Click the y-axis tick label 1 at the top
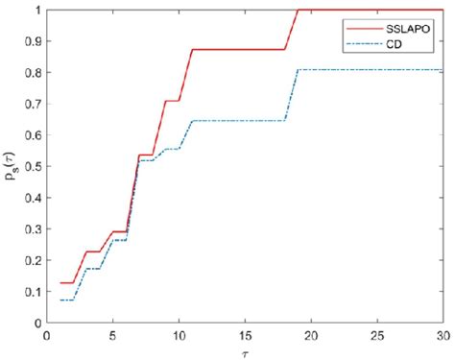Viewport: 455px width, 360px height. tap(36, 11)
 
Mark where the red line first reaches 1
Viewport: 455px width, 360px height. tap(299, 11)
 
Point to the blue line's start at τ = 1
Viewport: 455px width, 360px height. tap(60, 300)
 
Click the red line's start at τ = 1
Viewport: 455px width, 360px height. tap(60, 283)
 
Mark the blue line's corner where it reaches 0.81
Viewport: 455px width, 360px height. tap(299, 69)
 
